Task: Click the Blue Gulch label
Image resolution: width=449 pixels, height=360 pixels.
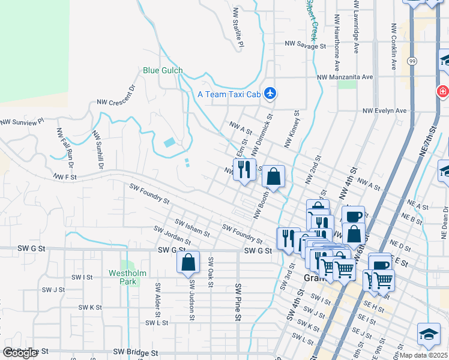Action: pyautogui.click(x=163, y=70)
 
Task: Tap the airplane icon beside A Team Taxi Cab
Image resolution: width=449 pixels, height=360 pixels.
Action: pyautogui.click(x=271, y=94)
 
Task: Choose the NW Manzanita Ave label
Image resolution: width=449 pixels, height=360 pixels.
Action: pyautogui.click(x=345, y=77)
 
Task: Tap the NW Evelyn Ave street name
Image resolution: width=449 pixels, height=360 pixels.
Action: pyautogui.click(x=384, y=110)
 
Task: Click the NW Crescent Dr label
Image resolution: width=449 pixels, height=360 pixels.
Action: pyautogui.click(x=116, y=94)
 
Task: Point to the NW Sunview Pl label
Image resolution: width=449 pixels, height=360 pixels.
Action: pyautogui.click(x=23, y=122)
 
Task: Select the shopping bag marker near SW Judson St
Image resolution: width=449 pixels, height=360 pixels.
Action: pyautogui.click(x=188, y=262)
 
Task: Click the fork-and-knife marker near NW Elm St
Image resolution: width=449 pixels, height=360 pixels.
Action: pyautogui.click(x=244, y=169)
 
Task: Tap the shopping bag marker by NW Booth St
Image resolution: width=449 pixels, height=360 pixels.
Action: pyautogui.click(x=273, y=176)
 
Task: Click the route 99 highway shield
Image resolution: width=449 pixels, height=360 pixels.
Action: pyautogui.click(x=411, y=61)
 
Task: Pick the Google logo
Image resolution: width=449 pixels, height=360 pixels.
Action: pyautogui.click(x=20, y=353)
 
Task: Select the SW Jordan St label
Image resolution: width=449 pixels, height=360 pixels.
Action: pyautogui.click(x=172, y=235)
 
